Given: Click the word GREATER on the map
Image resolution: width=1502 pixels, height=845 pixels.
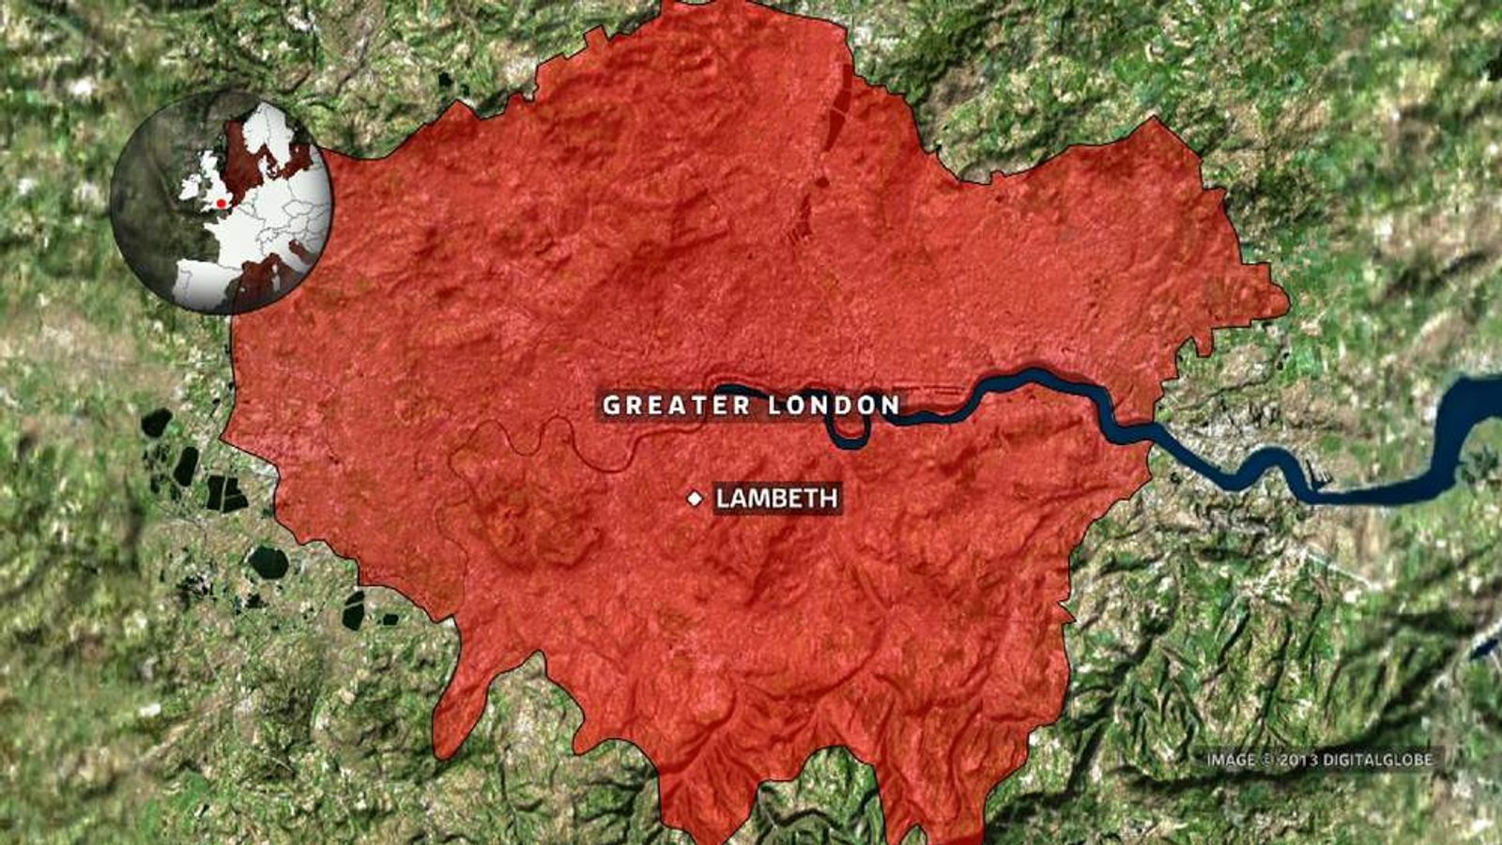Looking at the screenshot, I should pyautogui.click(x=677, y=406).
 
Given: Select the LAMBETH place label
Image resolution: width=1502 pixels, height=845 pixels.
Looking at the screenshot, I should pyautogui.click(x=776, y=498).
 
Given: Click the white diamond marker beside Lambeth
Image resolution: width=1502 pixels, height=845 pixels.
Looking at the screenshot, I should pyautogui.click(x=695, y=499).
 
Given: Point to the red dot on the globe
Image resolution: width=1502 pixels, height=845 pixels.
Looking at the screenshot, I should pyautogui.click(x=221, y=202).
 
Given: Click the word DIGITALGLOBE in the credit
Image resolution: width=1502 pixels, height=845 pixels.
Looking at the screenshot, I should pyautogui.click(x=1378, y=760).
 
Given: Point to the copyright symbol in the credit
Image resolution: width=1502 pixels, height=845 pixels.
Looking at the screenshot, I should pyautogui.click(x=1267, y=760).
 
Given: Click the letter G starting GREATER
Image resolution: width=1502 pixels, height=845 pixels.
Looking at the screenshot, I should pyautogui.click(x=612, y=406).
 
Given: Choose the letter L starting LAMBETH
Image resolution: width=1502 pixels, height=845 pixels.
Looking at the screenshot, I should pyautogui.click(x=723, y=498).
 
